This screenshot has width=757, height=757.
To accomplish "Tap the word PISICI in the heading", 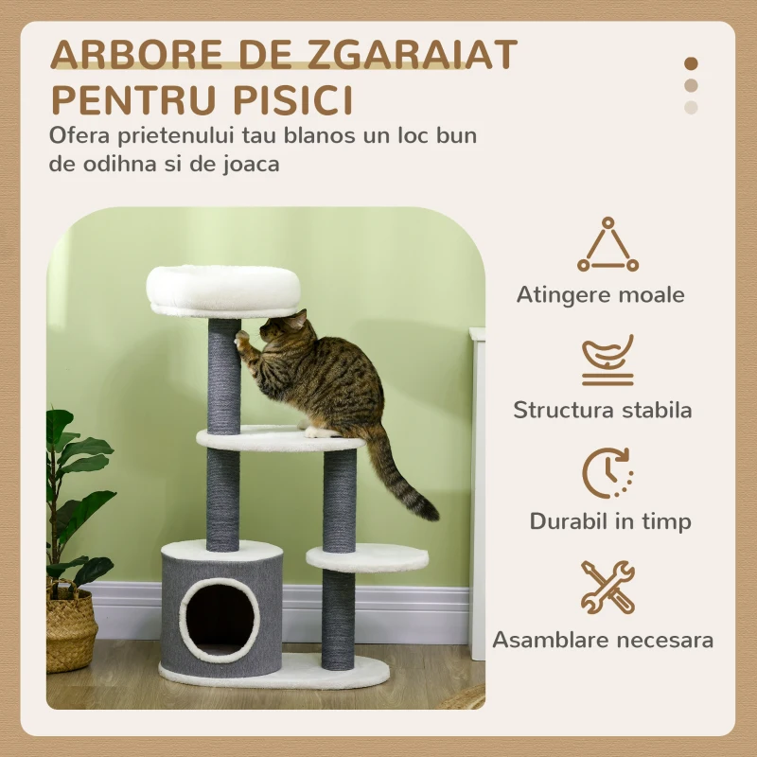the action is coord(293,100).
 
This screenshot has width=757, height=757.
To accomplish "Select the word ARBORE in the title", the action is coord(136,54).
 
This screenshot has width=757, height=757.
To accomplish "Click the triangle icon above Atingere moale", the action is coord(607,244).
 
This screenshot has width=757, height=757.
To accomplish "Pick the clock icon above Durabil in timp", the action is coord(607,473).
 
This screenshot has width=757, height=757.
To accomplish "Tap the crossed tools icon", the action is coord(607,587).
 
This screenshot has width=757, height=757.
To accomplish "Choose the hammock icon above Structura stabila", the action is coord(607,361).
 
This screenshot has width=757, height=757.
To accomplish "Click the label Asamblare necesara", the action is coord(603,641).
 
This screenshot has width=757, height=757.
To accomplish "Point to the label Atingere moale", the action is coord(601,294).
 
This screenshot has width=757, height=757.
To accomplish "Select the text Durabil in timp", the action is coord(610,521).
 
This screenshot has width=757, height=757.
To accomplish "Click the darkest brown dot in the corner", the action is coord(691,63).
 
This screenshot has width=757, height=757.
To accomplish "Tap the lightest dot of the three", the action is coord(691,107).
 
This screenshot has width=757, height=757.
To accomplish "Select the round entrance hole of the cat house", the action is coord(220,620).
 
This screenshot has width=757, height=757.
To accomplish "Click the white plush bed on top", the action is coord(223,291).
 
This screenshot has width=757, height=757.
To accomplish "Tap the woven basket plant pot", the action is coord(71,627).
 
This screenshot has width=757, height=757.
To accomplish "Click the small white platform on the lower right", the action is coord(367,558).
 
